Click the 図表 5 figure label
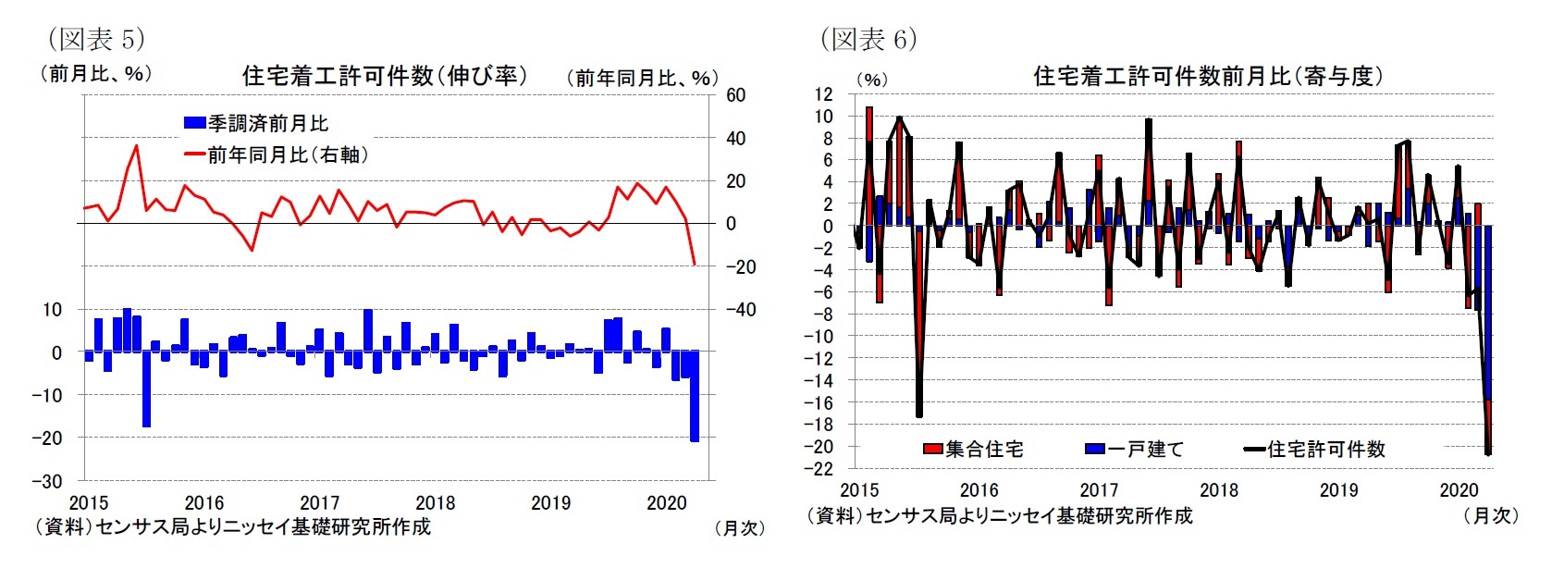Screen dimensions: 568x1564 (95, 39)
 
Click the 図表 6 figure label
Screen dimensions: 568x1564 (868, 39)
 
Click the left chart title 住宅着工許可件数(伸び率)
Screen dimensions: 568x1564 (384, 76)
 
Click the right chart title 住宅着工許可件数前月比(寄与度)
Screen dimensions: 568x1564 (1208, 76)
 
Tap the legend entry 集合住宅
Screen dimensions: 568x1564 (973, 450)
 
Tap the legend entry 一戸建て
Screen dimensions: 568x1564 (1135, 450)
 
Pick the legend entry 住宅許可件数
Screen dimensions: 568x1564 (1315, 450)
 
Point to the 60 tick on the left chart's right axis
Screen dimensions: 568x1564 (735, 94)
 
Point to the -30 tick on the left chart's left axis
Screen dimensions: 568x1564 (47, 481)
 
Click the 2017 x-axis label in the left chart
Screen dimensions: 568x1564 (320, 502)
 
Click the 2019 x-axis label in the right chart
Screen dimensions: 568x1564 (1338, 490)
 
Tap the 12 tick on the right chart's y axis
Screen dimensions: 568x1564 (823, 94)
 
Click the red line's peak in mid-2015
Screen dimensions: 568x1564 (137, 145)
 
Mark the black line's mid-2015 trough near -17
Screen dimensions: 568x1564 (918, 415)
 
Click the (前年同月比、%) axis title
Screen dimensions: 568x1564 (642, 79)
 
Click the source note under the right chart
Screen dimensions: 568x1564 (999, 515)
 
